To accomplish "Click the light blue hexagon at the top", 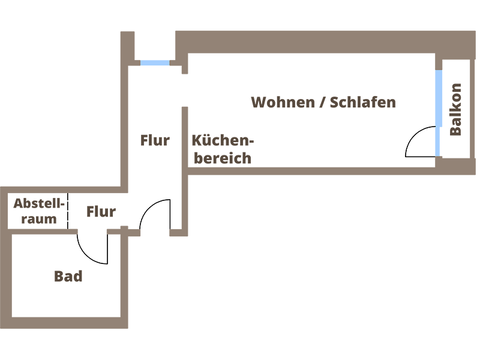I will [x=155, y=68].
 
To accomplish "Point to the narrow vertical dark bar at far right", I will [x=457, y=108].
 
